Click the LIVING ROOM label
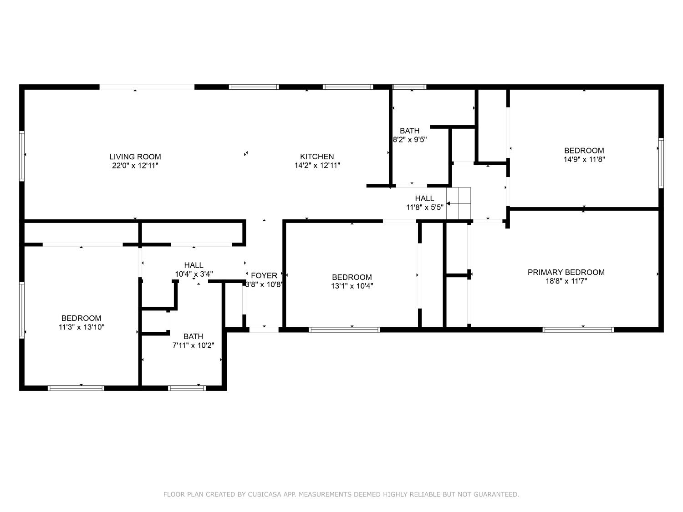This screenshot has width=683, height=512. [135, 157]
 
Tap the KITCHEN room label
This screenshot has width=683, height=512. [317, 157]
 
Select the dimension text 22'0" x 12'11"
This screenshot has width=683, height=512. [135, 166]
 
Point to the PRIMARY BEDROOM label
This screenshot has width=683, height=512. [566, 272]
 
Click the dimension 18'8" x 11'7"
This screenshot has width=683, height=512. [566, 281]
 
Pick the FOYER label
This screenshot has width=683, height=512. [264, 275]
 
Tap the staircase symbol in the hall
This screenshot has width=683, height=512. [458, 203]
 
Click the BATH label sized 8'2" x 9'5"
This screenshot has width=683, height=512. [409, 131]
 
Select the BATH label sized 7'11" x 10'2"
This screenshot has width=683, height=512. [193, 336]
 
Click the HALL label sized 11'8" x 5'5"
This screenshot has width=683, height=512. [424, 198]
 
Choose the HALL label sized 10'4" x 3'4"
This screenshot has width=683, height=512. [194, 265]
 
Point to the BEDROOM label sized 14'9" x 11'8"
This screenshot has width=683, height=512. [584, 151]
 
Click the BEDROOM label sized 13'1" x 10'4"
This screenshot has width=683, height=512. [352, 277]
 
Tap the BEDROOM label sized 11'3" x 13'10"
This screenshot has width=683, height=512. [81, 318]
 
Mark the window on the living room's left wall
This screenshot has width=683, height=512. [21, 156]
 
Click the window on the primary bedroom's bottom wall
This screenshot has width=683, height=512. [578, 330]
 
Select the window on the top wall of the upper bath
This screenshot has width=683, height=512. [409, 86]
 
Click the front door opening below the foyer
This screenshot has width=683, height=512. [264, 330]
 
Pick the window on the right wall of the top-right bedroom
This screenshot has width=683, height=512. [661, 163]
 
